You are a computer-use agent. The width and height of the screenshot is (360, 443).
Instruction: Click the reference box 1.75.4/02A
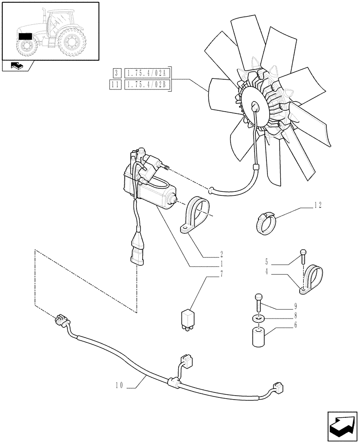[148, 73]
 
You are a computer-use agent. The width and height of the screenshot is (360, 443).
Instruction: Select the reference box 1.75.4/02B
[148, 84]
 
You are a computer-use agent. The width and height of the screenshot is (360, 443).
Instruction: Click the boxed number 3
[116, 73]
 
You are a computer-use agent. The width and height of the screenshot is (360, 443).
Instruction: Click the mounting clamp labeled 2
[194, 214]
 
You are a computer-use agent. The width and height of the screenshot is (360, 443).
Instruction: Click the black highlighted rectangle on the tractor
[25, 36]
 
